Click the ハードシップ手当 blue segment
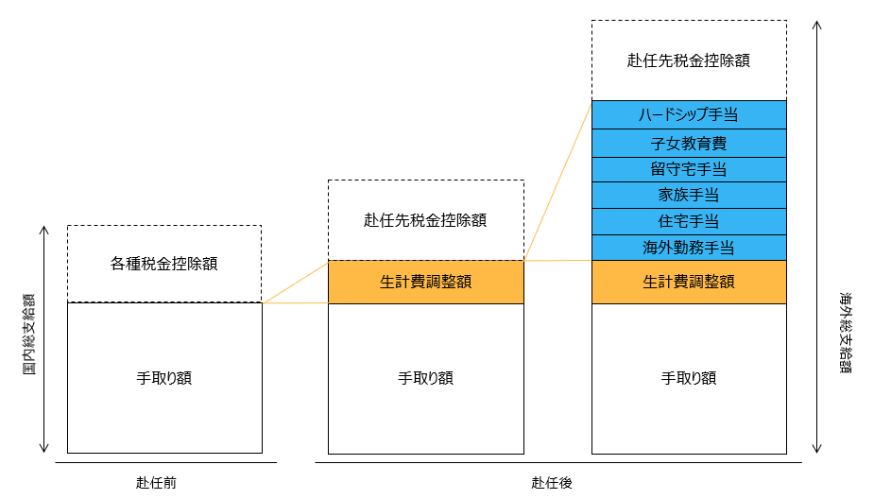[688, 114]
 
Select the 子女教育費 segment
[688, 144]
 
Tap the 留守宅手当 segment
[688, 170]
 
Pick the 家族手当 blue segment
[688, 196]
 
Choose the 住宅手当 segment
[688, 222]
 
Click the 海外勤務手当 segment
[688, 248]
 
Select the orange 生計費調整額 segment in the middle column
[425, 282]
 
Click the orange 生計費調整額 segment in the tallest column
[688, 282]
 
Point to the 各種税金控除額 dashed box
[164, 264]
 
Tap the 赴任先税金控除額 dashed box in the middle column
[425, 220]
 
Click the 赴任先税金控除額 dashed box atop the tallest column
[688, 60]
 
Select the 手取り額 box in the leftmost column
[164, 378]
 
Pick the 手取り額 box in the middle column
[425, 378]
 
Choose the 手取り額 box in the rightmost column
[688, 378]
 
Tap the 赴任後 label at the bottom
[552, 483]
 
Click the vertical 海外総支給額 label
[845, 332]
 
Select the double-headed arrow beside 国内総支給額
[44, 338]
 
